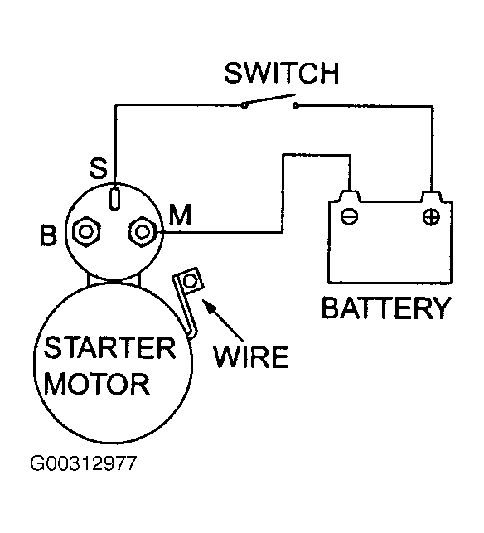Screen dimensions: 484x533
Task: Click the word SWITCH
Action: tap(282, 73)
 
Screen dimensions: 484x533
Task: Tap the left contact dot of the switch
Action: tap(244, 105)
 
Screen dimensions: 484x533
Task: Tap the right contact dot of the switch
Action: tap(296, 106)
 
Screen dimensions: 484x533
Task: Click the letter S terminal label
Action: tap(99, 168)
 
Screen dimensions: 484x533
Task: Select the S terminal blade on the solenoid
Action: tap(115, 198)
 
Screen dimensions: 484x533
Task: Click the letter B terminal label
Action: tap(48, 235)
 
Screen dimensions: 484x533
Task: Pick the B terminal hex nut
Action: tap(86, 232)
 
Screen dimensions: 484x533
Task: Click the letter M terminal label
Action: tap(180, 215)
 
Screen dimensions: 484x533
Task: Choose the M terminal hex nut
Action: tap(142, 232)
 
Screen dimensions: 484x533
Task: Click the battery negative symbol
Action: tap(349, 216)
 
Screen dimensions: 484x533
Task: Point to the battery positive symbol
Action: tap(431, 217)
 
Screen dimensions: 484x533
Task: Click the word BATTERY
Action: tap(386, 308)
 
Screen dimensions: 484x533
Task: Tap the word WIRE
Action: tap(251, 356)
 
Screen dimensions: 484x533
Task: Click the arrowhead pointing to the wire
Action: tap(208, 305)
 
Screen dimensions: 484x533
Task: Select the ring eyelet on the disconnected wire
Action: tap(190, 281)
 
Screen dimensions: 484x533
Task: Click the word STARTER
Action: tap(109, 347)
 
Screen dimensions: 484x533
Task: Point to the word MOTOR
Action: tap(96, 384)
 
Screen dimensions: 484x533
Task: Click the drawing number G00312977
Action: tap(84, 463)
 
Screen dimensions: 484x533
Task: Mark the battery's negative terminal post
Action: tap(350, 196)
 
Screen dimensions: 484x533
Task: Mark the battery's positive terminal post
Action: tap(432, 196)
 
